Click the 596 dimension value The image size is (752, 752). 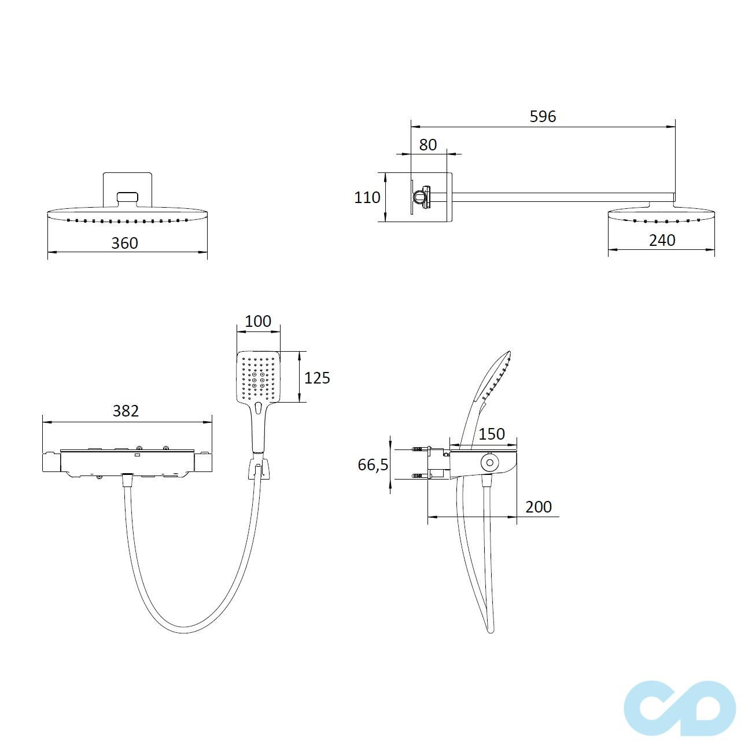tap(543, 116)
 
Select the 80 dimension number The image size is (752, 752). tap(427, 145)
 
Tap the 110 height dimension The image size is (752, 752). tap(367, 197)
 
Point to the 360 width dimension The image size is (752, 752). tap(124, 243)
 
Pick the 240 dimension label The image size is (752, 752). tap(662, 241)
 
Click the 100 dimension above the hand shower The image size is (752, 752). tap(257, 321)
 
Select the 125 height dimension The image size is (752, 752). tap(317, 378)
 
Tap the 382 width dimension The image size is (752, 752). tap(126, 411)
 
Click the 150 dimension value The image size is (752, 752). tap(491, 434)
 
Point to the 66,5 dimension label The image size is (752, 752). tap(373, 465)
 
